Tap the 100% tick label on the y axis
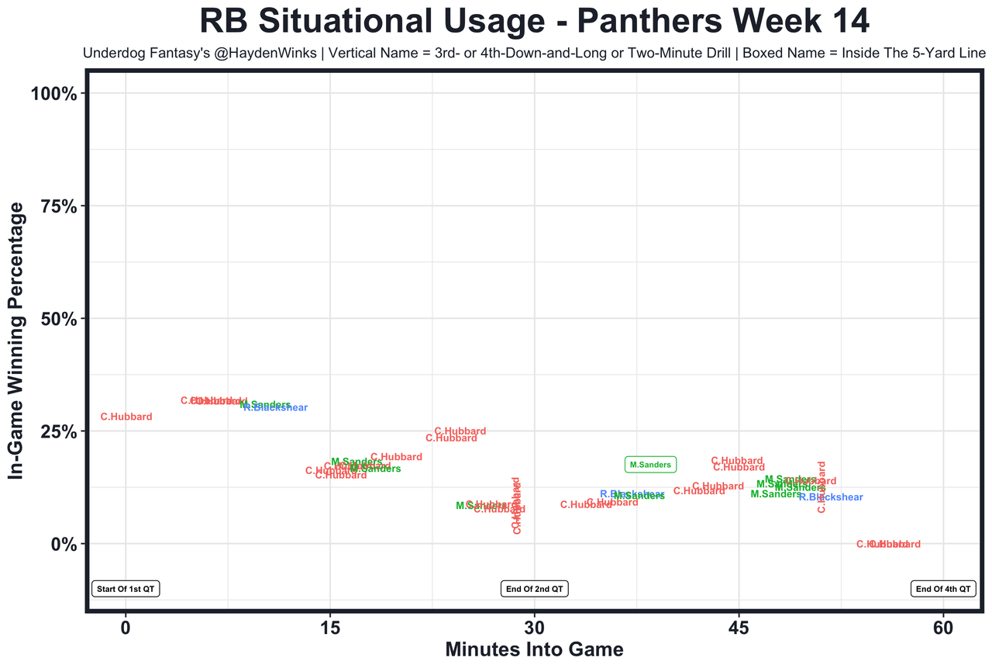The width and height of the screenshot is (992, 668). pos(53,94)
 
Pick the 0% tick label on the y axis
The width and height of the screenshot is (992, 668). pos(63,544)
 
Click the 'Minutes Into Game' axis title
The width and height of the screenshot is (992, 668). pos(534,649)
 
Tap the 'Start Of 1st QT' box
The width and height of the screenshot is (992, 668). pos(126,589)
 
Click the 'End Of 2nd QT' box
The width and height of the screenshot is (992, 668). pos(535,589)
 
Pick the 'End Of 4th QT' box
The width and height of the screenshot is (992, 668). pos(943,589)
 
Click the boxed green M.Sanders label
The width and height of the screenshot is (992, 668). pos(650,465)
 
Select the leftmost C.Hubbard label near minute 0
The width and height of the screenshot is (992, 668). pos(126,417)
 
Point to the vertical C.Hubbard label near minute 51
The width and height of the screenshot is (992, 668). pos(821,487)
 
